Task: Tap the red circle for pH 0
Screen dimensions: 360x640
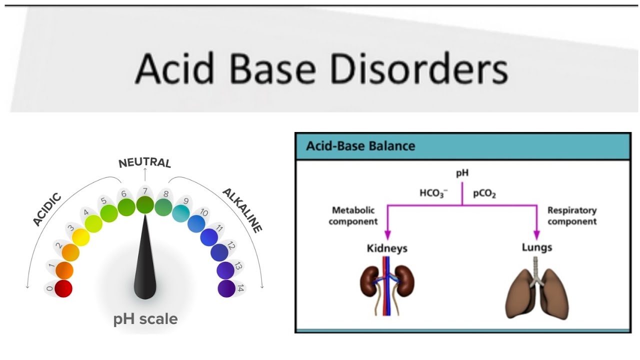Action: tap(63, 288)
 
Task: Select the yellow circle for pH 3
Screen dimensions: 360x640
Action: tap(81, 237)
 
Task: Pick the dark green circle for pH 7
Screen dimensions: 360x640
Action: tap(145, 205)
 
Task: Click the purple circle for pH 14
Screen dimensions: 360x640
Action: tap(226, 288)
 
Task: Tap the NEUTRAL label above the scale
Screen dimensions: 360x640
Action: tap(144, 163)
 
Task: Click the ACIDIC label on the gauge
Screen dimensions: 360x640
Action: tap(47, 209)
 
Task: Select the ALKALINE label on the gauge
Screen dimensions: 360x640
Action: tap(242, 210)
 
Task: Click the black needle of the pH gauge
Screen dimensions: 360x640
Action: tap(145, 265)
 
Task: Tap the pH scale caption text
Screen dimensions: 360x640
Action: tap(145, 319)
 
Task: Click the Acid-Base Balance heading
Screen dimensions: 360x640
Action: tap(360, 146)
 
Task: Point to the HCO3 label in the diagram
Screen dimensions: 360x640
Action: tap(433, 193)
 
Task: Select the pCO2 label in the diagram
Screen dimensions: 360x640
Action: tap(484, 193)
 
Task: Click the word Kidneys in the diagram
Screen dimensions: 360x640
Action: tap(387, 248)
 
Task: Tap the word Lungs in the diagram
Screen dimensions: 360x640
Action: tap(537, 247)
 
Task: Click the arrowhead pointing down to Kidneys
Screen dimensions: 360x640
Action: tap(387, 235)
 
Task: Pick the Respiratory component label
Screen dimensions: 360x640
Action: tap(572, 216)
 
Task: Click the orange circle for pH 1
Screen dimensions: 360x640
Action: tap(64, 270)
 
